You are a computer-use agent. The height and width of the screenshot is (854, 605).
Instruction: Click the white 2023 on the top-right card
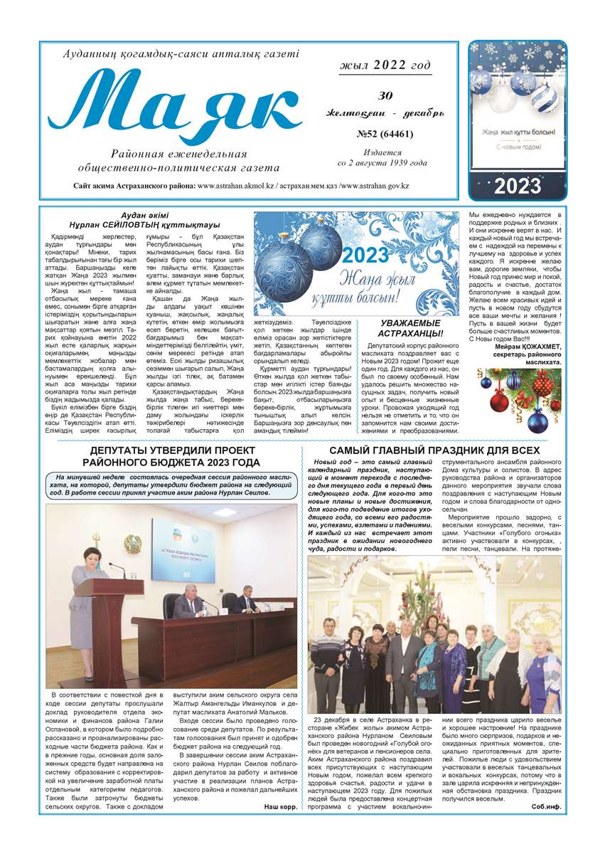(518, 186)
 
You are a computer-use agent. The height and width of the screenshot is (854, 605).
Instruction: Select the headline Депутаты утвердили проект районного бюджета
(174, 457)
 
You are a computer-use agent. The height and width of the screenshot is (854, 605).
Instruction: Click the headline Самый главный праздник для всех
(434, 450)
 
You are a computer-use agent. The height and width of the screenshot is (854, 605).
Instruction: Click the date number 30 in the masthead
(385, 96)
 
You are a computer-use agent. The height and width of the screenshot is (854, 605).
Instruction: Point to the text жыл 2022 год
(385, 65)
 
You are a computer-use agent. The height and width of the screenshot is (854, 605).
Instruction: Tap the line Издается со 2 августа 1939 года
(385, 157)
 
